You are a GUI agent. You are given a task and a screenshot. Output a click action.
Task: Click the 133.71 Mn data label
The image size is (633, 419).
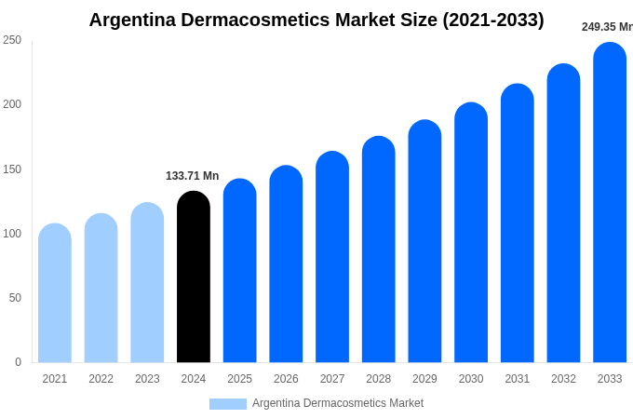pyautogui.click(x=192, y=176)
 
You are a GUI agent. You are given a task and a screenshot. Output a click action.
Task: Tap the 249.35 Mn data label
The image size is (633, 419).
pyautogui.click(x=607, y=27)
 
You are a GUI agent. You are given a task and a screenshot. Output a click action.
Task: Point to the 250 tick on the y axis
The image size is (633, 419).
pyautogui.click(x=12, y=40)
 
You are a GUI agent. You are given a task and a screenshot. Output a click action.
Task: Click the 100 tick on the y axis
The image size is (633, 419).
pyautogui.click(x=12, y=234)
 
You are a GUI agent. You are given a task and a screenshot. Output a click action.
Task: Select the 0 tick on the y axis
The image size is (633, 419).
pyautogui.click(x=18, y=362)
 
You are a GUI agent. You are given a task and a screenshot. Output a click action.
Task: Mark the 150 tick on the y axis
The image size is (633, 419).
pyautogui.click(x=12, y=169)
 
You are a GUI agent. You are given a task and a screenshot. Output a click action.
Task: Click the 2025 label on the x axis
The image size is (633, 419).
pyautogui.click(x=239, y=379)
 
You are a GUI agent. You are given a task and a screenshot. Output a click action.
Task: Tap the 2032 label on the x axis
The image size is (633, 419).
pyautogui.click(x=563, y=379)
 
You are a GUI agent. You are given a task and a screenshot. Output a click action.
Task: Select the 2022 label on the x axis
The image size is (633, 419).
pyautogui.click(x=101, y=379)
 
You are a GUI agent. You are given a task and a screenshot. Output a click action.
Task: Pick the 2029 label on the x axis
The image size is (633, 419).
pyautogui.click(x=424, y=379)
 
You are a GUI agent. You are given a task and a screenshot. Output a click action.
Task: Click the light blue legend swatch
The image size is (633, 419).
pyautogui.click(x=228, y=404)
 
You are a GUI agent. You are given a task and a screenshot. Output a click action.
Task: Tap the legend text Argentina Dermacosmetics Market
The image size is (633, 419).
pyautogui.click(x=337, y=403)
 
